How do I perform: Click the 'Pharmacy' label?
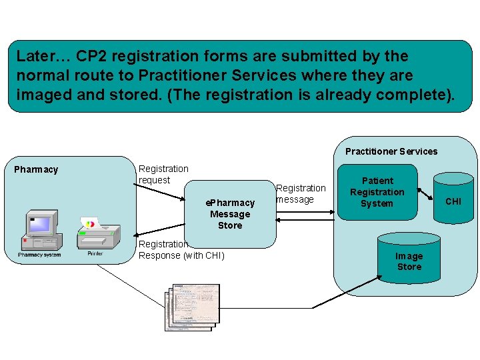pyautogui.click(x=36, y=169)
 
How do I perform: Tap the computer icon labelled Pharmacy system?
pyautogui.click(x=39, y=229)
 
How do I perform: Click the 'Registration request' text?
pyautogui.click(x=163, y=175)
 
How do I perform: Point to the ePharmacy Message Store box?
pyautogui.click(x=231, y=213)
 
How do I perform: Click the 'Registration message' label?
pyautogui.click(x=301, y=194)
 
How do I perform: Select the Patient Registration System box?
pyautogui.click(x=377, y=192)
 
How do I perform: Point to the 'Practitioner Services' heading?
pyautogui.click(x=391, y=151)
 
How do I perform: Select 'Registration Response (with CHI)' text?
pyautogui.click(x=181, y=250)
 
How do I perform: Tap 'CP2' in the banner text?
pyautogui.click(x=93, y=56)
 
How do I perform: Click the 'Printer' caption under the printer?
pyautogui.click(x=95, y=254)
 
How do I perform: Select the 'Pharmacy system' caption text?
pyautogui.click(x=39, y=255)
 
